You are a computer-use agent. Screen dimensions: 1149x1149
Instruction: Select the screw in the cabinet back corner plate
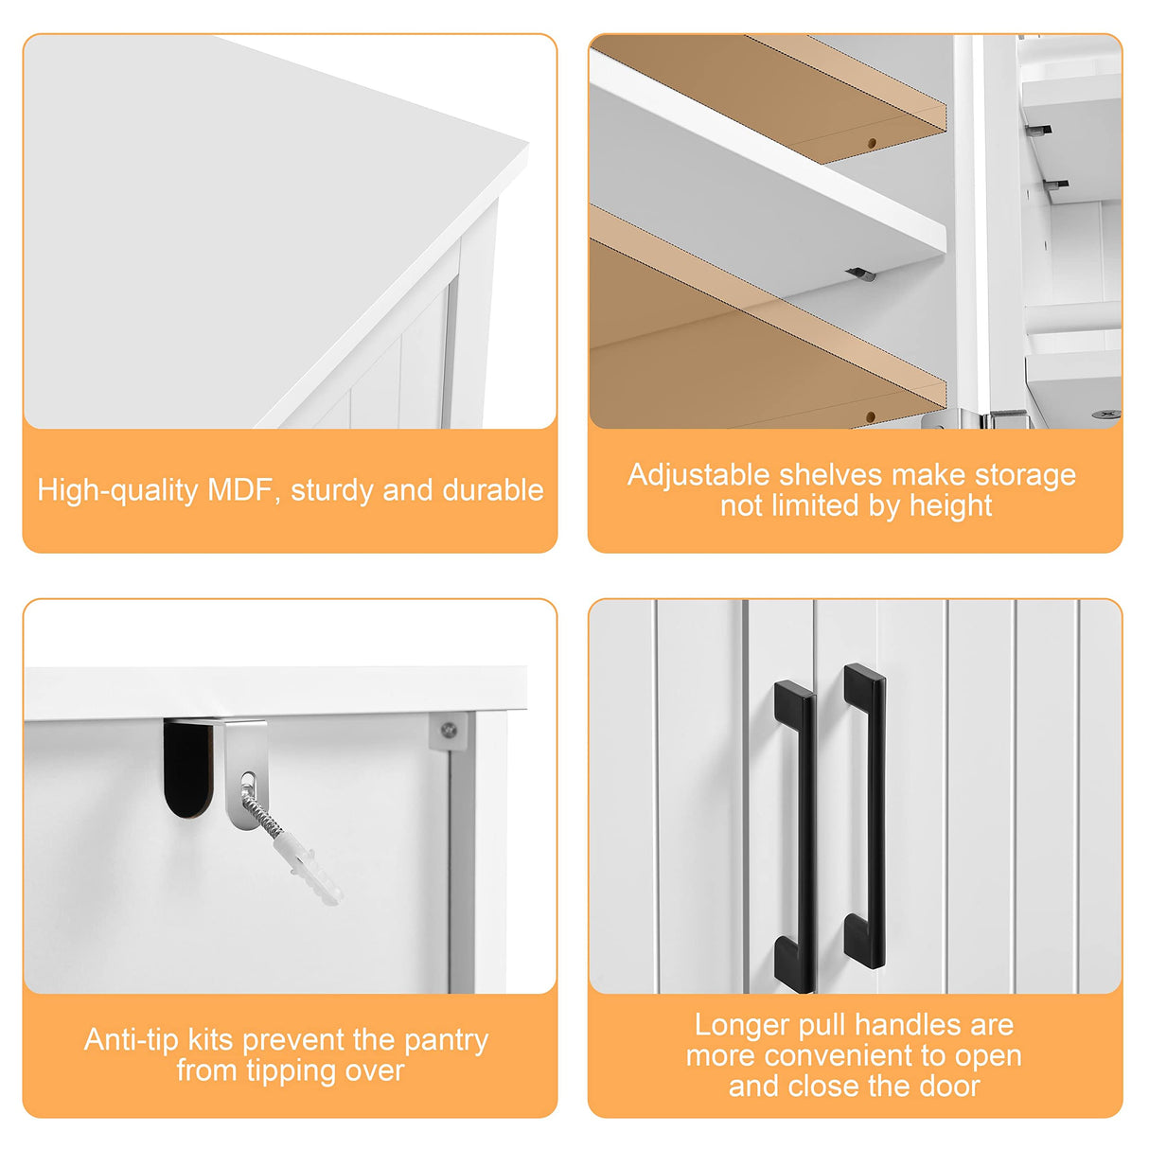click(450, 730)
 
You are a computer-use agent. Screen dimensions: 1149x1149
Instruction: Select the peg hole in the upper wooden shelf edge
click(872, 143)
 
